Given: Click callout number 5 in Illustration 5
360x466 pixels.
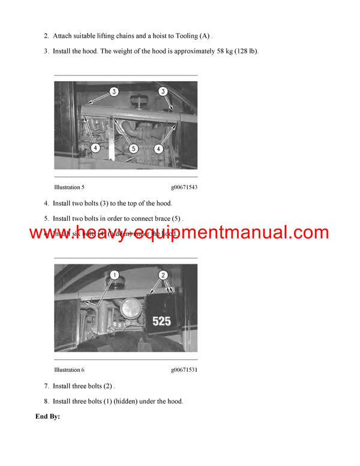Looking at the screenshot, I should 133,148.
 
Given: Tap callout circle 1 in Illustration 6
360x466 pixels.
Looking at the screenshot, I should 114,275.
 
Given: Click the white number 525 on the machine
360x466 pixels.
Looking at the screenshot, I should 161,321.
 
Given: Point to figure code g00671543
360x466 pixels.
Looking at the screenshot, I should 184,187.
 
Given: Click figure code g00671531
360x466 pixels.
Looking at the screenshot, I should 184,370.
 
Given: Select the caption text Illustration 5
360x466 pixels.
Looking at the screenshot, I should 69,187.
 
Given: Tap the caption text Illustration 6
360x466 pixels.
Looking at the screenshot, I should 69,370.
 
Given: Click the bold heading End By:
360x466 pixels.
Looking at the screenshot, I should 48,416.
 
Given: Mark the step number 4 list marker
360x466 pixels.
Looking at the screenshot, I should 46,204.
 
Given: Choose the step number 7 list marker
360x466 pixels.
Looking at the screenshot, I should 46,386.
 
